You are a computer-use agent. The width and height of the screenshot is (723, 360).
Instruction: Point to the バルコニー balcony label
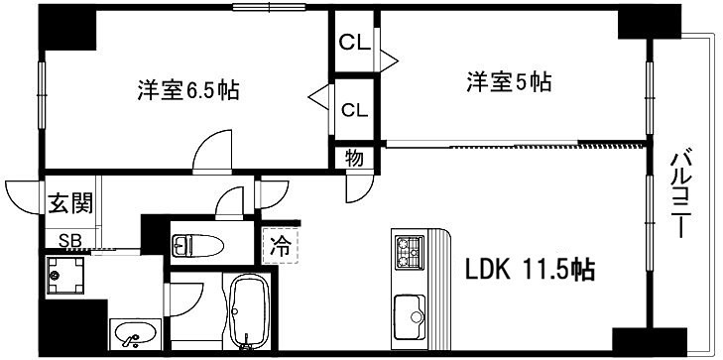[x=680, y=193]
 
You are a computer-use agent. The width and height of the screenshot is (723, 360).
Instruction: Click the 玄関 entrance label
[x=70, y=204]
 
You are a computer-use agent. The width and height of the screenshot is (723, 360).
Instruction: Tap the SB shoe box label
[x=69, y=239]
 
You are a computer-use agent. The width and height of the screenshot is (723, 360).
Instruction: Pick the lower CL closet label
[x=354, y=109]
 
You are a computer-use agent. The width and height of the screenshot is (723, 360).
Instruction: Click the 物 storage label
[x=354, y=157]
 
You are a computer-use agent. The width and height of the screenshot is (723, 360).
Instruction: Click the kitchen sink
[x=409, y=315]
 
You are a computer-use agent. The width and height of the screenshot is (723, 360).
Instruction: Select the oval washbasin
[x=132, y=335]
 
